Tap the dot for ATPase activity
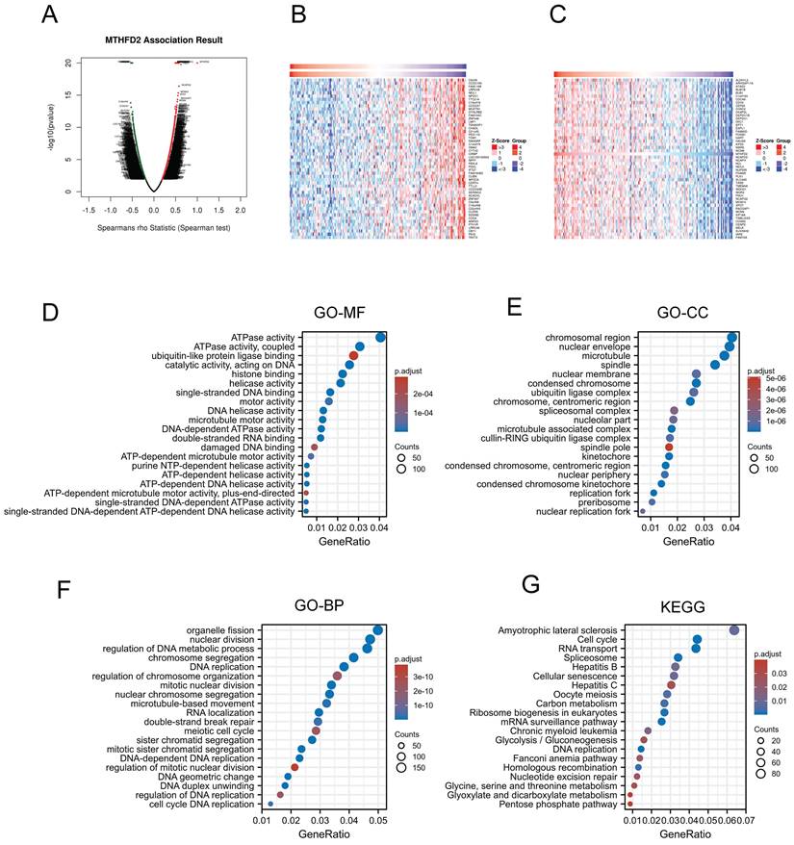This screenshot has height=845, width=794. pyautogui.click(x=380, y=336)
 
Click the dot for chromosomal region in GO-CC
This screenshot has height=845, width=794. pyautogui.click(x=732, y=337)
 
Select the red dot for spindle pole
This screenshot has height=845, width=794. pyautogui.click(x=668, y=448)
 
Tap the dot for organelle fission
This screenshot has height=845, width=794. pyautogui.click(x=378, y=630)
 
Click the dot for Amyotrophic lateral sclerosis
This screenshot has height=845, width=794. pyautogui.click(x=734, y=630)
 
